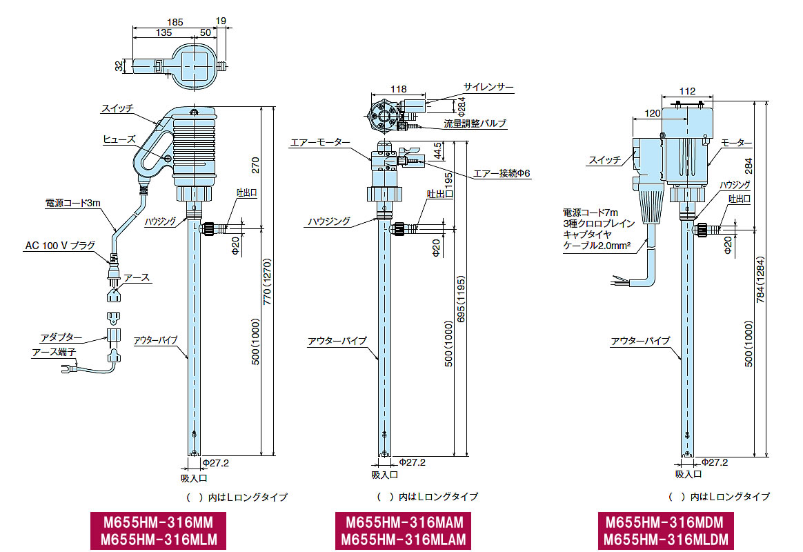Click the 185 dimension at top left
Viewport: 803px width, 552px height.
(175, 22)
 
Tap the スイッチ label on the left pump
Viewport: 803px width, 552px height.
(117, 108)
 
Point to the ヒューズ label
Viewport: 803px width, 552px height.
(119, 139)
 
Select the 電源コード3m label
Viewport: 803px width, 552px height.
(72, 204)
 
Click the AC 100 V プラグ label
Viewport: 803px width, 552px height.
(61, 246)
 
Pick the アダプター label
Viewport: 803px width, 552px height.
(61, 337)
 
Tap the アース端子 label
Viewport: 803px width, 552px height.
(54, 353)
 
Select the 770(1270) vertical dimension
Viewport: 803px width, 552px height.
(267, 282)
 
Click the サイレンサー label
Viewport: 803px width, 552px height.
(488, 87)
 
